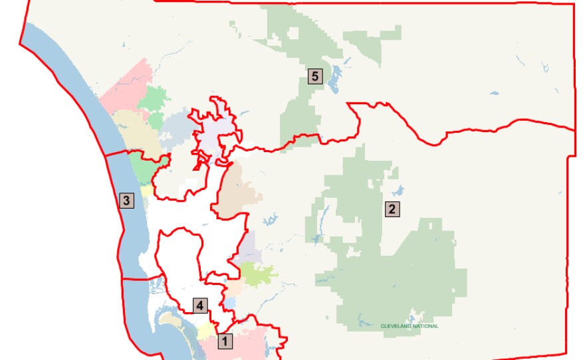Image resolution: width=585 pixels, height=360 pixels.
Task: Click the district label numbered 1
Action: coord(225,343)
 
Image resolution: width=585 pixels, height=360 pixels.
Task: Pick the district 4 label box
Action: coord(199,305)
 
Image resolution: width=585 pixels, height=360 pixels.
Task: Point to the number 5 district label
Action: coord(315,76)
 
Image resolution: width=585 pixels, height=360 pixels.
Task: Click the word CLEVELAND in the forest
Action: coord(396,326)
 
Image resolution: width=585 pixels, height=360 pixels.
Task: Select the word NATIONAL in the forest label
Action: coord(425,326)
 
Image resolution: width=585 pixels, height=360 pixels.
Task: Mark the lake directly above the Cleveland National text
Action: coord(417,314)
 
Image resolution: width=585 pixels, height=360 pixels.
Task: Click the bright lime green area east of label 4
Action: coord(256,273)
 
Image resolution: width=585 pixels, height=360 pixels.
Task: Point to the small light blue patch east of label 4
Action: coord(229,303)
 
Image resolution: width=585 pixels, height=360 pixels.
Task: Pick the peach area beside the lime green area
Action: coord(234,288)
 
